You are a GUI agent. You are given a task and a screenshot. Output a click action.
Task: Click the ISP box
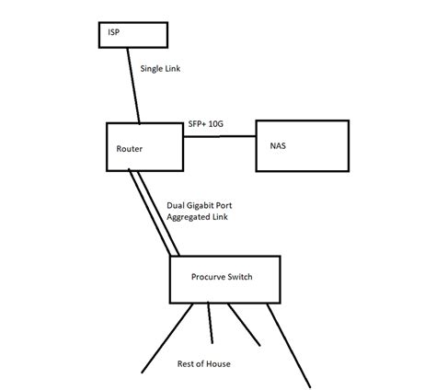pyautogui.click(x=133, y=35)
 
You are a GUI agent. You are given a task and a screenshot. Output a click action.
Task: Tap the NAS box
pyautogui.click(x=303, y=146)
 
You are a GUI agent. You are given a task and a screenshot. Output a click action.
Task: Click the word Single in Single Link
pyautogui.click(x=150, y=68)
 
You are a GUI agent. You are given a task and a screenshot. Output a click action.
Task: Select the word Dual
pyautogui.click(x=177, y=207)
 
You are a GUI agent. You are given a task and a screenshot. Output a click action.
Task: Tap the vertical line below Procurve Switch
pyautogui.click(x=211, y=323)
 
